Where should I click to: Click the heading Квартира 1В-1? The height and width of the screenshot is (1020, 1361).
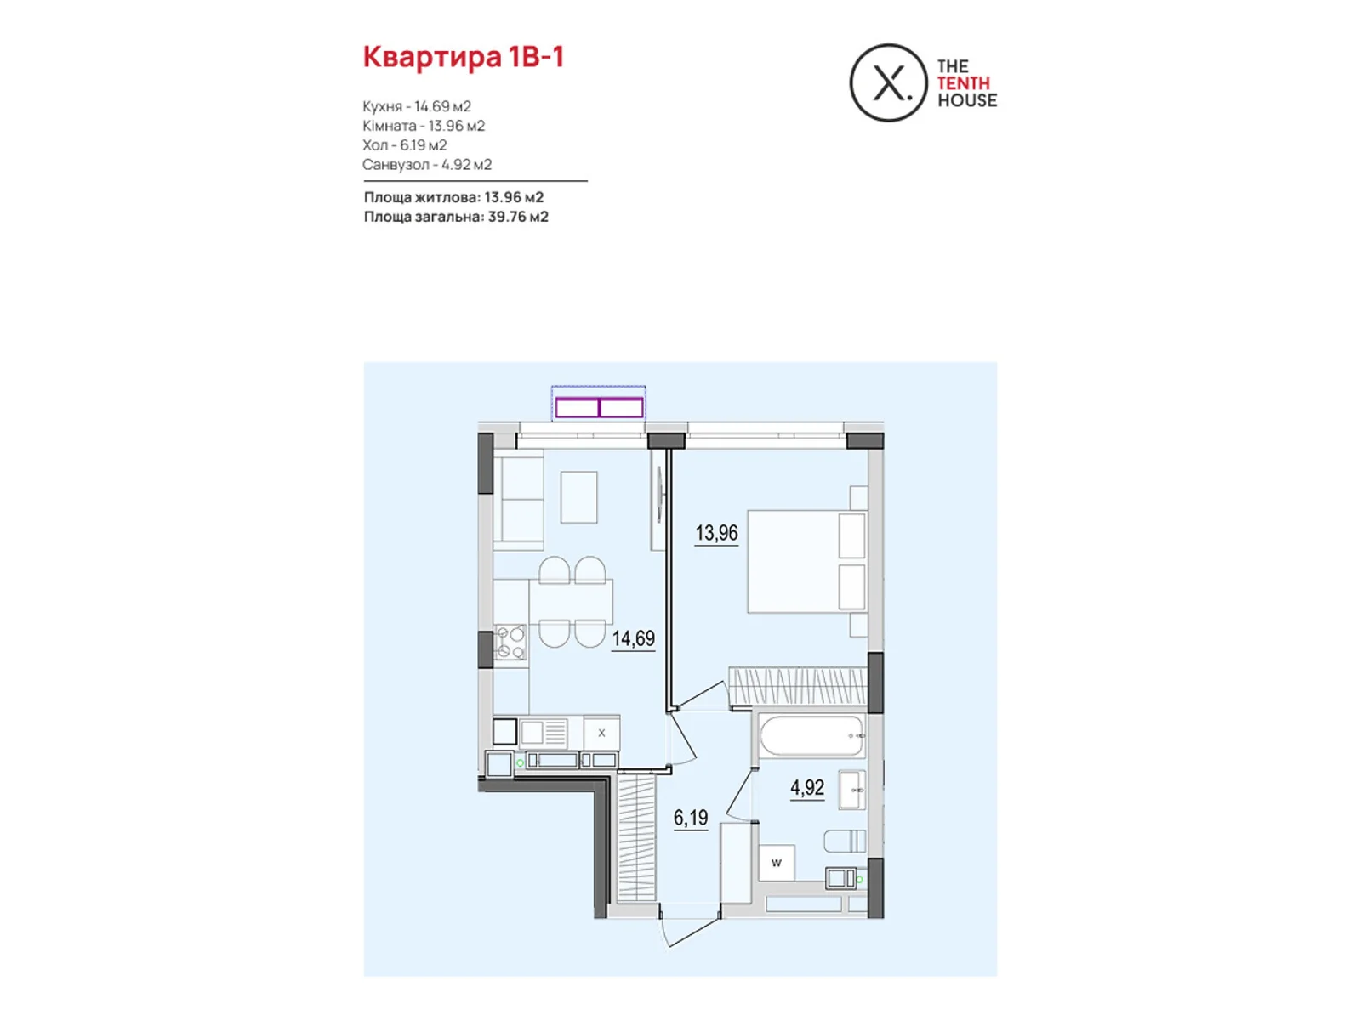[x=464, y=57]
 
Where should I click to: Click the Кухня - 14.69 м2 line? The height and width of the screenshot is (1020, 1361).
[x=417, y=106]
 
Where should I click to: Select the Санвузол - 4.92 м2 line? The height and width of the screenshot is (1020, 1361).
[x=427, y=165]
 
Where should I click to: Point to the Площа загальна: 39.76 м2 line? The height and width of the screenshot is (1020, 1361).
[x=456, y=217]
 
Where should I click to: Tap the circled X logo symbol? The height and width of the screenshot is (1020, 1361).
[x=888, y=83]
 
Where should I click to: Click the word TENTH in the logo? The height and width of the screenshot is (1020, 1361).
[x=963, y=83]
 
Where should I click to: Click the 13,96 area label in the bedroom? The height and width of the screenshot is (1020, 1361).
[x=716, y=533]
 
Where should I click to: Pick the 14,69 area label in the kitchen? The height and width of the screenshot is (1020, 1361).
[x=634, y=638]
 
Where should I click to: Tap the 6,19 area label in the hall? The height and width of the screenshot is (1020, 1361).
[x=691, y=818]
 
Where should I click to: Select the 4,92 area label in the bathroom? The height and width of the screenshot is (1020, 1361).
[x=807, y=788]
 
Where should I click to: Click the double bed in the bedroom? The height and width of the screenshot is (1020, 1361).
[x=806, y=561]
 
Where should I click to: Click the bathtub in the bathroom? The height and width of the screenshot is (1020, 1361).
[x=811, y=736]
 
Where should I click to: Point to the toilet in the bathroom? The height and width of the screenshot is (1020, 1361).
[x=845, y=841]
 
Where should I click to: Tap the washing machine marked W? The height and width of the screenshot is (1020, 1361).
[x=777, y=863]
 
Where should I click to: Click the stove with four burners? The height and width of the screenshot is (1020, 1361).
[x=510, y=643]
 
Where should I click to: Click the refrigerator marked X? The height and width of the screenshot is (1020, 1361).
[x=601, y=733]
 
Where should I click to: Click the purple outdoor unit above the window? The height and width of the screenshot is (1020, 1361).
[x=599, y=408]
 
